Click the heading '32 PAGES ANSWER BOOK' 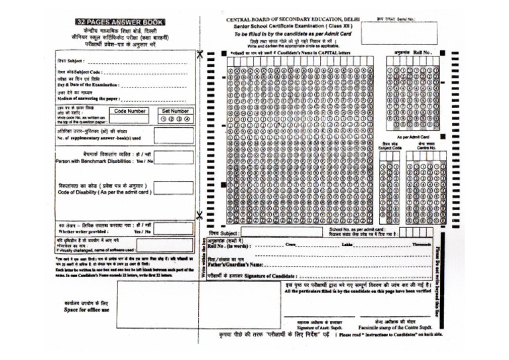pyautogui.click(x=120, y=22)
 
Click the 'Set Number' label pyautogui.click(x=175, y=111)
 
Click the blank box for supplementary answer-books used pyautogui.click(x=174, y=135)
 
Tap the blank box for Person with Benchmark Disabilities pyautogui.click(x=174, y=158)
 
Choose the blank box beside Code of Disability pyautogui.click(x=174, y=188)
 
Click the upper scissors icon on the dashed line pyautogui.click(x=199, y=54)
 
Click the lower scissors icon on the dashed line pyautogui.click(x=199, y=215)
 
